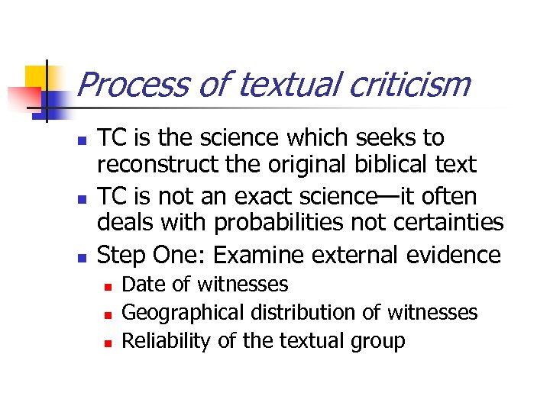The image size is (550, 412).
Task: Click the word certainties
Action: pos(448,223)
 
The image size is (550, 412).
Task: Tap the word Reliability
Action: pos(167,340)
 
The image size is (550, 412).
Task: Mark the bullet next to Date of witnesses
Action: pos(108,286)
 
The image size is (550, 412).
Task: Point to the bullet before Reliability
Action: pos(108,342)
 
